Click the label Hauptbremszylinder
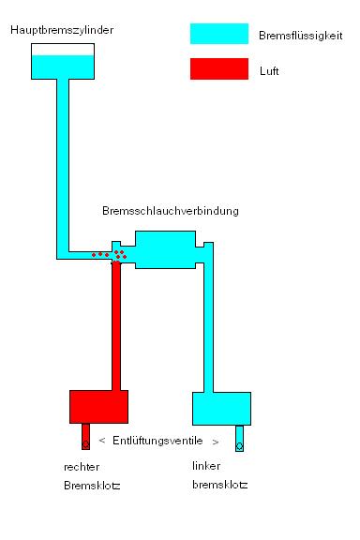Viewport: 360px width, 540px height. coord(63,31)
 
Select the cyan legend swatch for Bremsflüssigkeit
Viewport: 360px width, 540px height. coord(218,35)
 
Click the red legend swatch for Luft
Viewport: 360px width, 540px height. coord(218,69)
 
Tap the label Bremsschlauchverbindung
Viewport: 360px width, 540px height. coord(170,211)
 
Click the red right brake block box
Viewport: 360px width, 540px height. coord(98,407)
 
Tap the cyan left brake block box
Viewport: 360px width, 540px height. coord(221,409)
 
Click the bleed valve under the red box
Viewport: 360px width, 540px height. coord(86,438)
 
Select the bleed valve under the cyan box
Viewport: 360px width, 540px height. coord(239,439)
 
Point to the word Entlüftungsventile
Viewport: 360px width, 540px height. coord(157,441)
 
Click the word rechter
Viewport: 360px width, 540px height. coord(82,466)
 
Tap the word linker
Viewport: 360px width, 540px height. coord(207,466)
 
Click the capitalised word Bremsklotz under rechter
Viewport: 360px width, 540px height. coord(92,486)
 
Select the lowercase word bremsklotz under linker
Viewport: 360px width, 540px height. coord(220,485)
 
